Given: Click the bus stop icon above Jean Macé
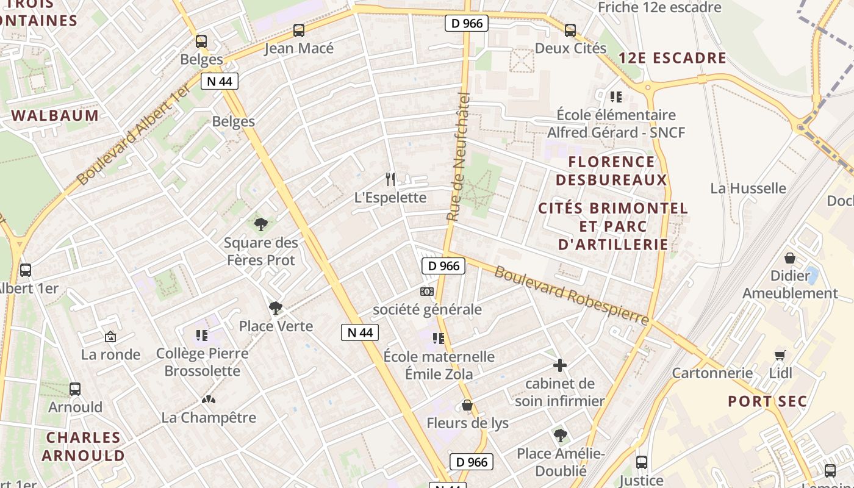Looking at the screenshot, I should pos(299,30).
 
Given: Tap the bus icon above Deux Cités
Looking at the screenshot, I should pos(570,30).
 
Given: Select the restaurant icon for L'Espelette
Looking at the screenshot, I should pos(390,179).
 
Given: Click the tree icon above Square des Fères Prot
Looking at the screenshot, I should pos(261,224).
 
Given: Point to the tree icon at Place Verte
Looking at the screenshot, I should pos(276,308).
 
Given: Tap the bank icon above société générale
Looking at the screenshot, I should pos(427,292).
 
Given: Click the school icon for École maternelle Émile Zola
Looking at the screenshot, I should pos(439,338).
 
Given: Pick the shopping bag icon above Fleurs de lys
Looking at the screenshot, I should pos(467,405).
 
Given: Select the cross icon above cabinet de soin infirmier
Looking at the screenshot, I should pos(559,365).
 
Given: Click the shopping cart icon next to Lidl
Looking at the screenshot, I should pos(780,355).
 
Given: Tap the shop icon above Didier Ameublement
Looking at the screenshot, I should pos(790,257).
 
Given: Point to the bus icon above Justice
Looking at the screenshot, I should pos(642,462).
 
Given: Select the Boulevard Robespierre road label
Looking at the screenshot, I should pos(572,295).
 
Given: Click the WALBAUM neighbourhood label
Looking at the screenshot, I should pos(55,116).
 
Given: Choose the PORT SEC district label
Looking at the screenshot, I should pos(767,401).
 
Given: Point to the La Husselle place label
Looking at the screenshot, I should pos(748,188).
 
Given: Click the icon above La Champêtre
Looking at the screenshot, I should pos(209,400).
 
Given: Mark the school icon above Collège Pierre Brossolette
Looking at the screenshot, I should pos(202,335).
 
